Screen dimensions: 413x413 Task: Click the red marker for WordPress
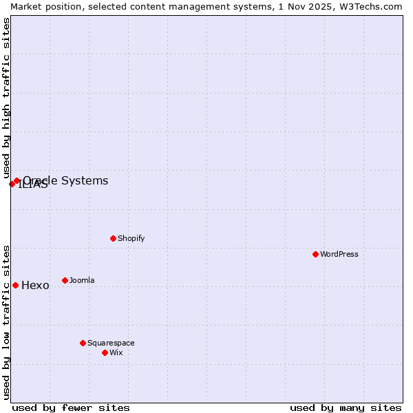[x=315, y=254]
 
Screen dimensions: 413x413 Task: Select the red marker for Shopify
[x=113, y=238]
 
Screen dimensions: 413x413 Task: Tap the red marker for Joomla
[x=65, y=280]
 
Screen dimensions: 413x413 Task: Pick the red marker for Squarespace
[x=83, y=343]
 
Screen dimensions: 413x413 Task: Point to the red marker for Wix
[x=105, y=352]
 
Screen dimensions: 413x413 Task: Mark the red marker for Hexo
[x=15, y=285]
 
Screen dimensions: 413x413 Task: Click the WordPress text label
[x=339, y=254]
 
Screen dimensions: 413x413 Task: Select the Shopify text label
[x=131, y=238]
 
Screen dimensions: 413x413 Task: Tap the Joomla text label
[x=82, y=280]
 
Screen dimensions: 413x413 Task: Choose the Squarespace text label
[x=111, y=343]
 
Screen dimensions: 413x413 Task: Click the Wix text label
[x=116, y=352]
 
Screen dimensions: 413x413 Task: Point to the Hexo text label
[x=35, y=286]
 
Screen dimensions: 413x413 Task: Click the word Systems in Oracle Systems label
[x=84, y=180]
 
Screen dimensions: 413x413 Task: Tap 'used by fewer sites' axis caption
[x=71, y=407]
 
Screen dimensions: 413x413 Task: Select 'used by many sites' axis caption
[x=346, y=407]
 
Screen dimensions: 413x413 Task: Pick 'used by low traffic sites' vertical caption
[x=6, y=321]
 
